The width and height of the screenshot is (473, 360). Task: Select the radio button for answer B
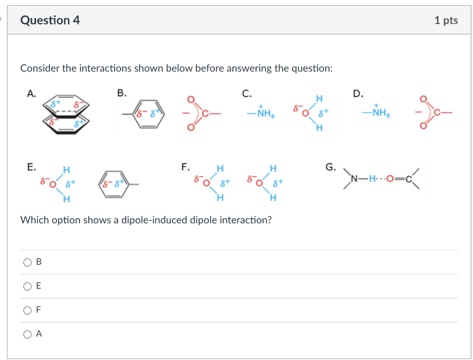tap(27, 262)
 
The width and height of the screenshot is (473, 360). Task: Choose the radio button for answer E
tap(27, 286)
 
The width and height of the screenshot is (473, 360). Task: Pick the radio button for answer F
tap(27, 310)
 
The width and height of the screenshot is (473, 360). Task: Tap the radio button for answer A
tap(27, 334)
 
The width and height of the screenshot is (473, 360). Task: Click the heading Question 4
tap(50, 20)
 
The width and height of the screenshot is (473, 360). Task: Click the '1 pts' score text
tap(446, 20)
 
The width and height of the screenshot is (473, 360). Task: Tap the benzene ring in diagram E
tap(112, 186)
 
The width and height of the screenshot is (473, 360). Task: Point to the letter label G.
tap(331, 167)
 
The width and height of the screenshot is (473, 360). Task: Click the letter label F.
tap(185, 167)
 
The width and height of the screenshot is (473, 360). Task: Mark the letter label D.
tap(358, 94)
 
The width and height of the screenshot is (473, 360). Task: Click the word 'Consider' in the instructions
tap(40, 68)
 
